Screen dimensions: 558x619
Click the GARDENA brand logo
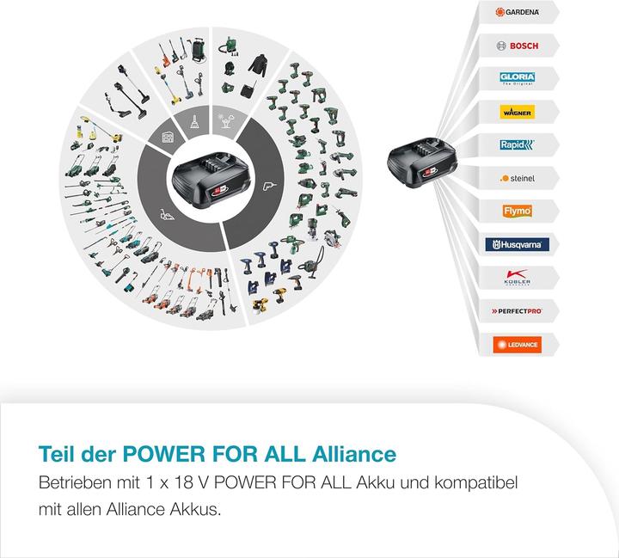click(517, 13)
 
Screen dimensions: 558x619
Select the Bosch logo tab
click(517, 45)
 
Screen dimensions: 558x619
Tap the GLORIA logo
click(517, 78)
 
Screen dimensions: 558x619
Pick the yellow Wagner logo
click(517, 112)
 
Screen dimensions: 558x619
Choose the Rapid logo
click(517, 144)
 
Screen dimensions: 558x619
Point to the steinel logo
click(517, 178)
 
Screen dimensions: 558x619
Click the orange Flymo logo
click(517, 211)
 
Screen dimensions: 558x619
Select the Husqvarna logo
click(517, 244)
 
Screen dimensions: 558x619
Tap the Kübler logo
click(517, 278)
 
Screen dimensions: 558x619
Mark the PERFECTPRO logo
click(517, 310)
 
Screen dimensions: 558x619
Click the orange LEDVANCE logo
click(517, 344)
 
